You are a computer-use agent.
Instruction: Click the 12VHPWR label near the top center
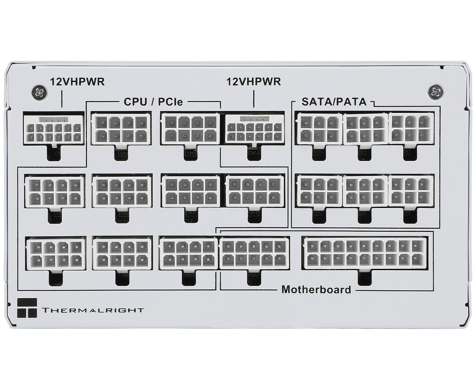tap(253, 82)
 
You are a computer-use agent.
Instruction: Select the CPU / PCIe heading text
tap(153, 101)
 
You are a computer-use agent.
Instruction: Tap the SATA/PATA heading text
tap(334, 101)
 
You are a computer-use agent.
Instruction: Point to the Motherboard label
tap(316, 290)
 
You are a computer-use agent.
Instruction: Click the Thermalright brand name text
tap(92, 310)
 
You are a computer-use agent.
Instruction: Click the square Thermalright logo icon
tap(27, 309)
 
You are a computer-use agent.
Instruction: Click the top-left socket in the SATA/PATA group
tap(319, 128)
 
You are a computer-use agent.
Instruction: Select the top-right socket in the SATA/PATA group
tap(411, 128)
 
